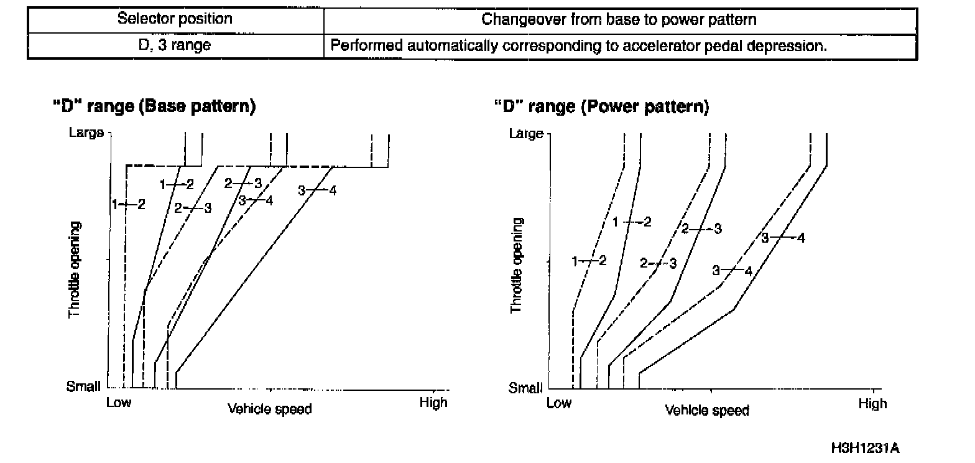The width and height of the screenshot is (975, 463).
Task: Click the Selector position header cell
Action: tap(175, 19)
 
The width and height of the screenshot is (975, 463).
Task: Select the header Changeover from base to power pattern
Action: tap(619, 20)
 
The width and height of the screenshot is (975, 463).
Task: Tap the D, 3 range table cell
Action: tap(175, 45)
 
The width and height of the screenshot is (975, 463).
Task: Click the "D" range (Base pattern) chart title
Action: tap(154, 106)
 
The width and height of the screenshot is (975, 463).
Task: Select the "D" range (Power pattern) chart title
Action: tap(601, 106)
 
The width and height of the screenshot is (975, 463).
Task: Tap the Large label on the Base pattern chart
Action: tap(86, 133)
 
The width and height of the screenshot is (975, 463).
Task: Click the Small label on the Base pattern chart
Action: tap(83, 387)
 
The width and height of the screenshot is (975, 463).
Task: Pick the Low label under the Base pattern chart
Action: tap(118, 403)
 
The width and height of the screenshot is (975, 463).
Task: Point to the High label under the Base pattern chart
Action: tap(433, 403)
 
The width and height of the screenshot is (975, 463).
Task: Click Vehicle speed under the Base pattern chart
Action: tap(269, 409)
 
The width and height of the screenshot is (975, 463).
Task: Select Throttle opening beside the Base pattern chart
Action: tap(75, 269)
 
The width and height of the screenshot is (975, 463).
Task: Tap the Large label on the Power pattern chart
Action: tap(526, 134)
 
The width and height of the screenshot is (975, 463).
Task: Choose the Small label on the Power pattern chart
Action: tap(525, 388)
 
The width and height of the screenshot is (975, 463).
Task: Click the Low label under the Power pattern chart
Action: tap(558, 403)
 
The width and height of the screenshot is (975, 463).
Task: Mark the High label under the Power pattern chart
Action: tap(872, 404)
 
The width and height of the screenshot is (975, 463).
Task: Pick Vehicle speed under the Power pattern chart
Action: tap(707, 411)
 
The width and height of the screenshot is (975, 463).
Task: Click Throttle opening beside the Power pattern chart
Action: tap(516, 266)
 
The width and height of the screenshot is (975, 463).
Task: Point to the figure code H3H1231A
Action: tap(865, 449)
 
